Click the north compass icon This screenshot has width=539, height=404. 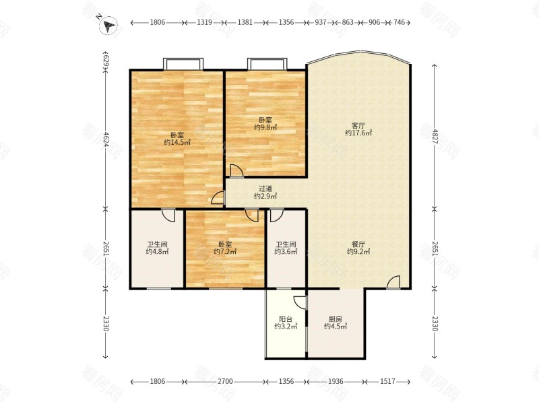tap(108, 25)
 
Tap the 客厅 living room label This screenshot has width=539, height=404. tap(358, 126)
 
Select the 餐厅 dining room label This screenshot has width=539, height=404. tap(358, 244)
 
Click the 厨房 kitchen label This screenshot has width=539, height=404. tap(335, 319)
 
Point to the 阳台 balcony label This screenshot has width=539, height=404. tap(286, 319)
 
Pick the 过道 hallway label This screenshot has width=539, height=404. tap(265, 189)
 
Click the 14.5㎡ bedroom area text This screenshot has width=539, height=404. tap(177, 142)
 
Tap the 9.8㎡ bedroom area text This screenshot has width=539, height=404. tap(265, 127)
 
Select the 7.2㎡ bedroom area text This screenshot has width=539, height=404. tap(225, 252)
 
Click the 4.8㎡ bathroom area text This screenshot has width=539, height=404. tap(157, 252)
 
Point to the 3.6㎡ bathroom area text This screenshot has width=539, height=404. tap(286, 252)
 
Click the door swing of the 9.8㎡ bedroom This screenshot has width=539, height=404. tap(236, 171)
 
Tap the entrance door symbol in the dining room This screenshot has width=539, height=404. tap(393, 282)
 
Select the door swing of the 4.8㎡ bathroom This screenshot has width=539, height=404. tap(168, 215)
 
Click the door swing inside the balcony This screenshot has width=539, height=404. tap(300, 302)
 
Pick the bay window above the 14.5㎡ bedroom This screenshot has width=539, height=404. tap(183, 64)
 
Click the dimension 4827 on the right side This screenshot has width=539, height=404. tap(435, 137)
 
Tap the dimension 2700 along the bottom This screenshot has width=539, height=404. tap(226, 381)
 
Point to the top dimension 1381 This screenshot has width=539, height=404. tap(245, 22)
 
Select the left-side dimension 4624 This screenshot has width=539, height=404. tap(106, 140)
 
